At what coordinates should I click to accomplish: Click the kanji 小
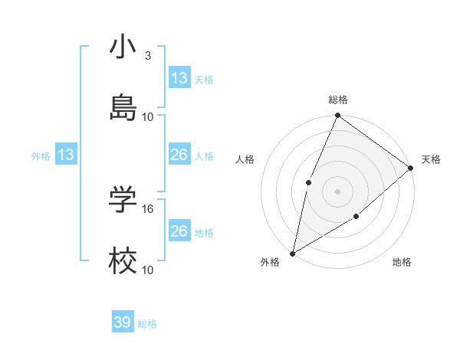click(123, 47)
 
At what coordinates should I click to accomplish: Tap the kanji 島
click(123, 108)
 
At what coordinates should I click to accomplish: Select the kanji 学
click(123, 200)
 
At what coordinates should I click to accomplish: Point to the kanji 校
click(123, 261)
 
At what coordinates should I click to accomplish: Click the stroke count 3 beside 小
click(148, 56)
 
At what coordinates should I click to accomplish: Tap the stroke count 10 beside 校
click(148, 270)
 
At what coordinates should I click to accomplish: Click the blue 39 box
click(123, 322)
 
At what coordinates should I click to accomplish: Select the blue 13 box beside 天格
click(179, 78)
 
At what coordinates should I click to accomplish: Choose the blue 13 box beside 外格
click(66, 155)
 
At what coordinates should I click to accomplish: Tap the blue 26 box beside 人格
click(179, 155)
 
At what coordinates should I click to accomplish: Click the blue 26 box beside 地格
click(179, 231)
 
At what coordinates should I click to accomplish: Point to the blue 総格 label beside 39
click(147, 324)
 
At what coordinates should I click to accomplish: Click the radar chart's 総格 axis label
click(338, 100)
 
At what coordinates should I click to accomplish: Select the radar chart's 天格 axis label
click(432, 159)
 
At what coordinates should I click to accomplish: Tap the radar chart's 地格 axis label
click(402, 262)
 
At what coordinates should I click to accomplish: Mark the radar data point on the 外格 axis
click(292, 253)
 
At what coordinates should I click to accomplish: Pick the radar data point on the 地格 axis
click(356, 217)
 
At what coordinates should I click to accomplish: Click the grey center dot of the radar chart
click(338, 191)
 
